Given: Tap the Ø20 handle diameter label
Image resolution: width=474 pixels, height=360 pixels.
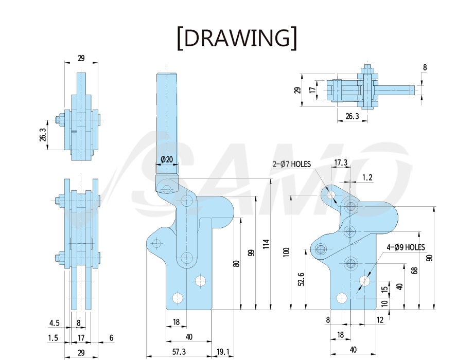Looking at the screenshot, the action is pyautogui.click(x=167, y=159).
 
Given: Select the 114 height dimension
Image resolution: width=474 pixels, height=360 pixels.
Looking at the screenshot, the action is pyautogui.click(x=266, y=244).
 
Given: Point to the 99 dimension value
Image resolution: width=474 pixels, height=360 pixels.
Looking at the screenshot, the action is pyautogui.click(x=251, y=253).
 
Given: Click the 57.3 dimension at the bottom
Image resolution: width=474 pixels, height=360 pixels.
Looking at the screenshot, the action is pyautogui.click(x=179, y=352).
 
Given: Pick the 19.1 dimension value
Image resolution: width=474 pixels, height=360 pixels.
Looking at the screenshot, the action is pyautogui.click(x=223, y=352).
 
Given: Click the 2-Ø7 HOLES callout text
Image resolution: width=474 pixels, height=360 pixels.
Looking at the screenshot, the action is pyautogui.click(x=292, y=164).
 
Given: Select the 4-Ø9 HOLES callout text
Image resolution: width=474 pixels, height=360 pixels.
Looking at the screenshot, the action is pyautogui.click(x=406, y=247).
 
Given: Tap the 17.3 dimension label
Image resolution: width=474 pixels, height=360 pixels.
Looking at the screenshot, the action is pyautogui.click(x=341, y=163).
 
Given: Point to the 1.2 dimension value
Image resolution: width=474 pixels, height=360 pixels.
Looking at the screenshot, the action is pyautogui.click(x=367, y=177).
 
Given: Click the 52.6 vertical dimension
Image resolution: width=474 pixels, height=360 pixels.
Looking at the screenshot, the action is pyautogui.click(x=301, y=279).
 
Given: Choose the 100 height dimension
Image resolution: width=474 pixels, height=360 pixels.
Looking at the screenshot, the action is pyautogui.click(x=286, y=252).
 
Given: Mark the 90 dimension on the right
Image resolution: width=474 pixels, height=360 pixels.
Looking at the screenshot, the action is pyautogui.click(x=429, y=258).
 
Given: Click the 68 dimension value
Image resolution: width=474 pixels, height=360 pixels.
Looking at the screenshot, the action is pyautogui.click(x=415, y=271).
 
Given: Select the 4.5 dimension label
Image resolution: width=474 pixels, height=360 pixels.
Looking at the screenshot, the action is pyautogui.click(x=55, y=323).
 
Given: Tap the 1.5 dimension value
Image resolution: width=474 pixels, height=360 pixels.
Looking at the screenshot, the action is pyautogui.click(x=53, y=338).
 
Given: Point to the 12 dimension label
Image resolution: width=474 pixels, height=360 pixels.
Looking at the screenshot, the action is pyautogui.click(x=380, y=320).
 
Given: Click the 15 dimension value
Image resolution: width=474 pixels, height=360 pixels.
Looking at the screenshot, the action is pyautogui.click(x=384, y=289).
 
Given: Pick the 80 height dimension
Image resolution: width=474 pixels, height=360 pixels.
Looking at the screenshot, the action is pyautogui.click(x=236, y=263).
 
